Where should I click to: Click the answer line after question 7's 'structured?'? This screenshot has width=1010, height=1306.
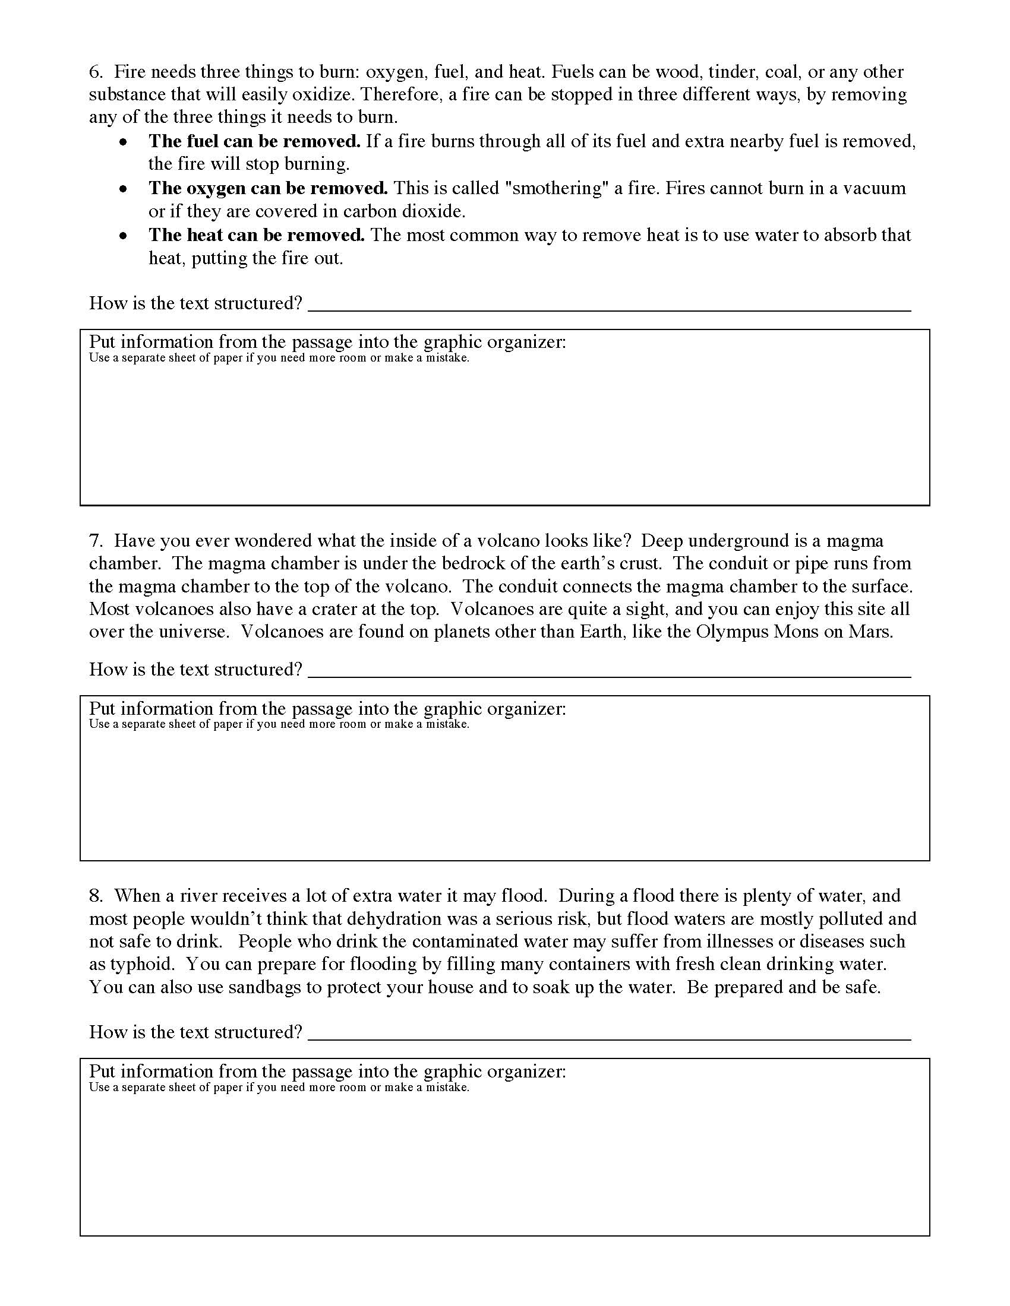(x=608, y=674)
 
